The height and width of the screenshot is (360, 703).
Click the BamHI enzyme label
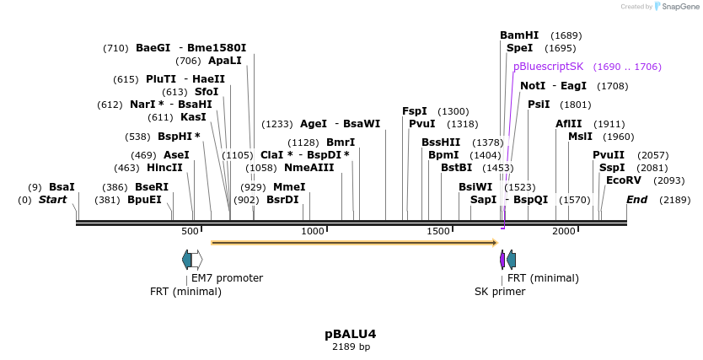coord(518,35)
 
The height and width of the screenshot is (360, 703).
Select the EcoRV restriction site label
coord(623,180)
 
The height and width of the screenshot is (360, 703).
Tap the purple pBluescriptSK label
coord(548,67)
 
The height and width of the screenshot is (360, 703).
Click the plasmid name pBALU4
coord(350,334)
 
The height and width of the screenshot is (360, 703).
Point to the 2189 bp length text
coord(351,347)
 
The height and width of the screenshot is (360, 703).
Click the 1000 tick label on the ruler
coord(313,231)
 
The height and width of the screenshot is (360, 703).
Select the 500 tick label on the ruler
coord(191,231)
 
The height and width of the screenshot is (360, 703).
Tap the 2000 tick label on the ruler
coord(563,231)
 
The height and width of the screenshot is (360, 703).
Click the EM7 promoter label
coord(227,278)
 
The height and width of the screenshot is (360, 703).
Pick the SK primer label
coord(500,292)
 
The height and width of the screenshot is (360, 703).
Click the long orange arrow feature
coord(354,243)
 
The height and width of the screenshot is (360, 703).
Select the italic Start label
coord(52,200)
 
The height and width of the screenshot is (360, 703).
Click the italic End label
coord(636,200)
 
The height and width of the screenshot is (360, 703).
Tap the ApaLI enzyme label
coord(224,61)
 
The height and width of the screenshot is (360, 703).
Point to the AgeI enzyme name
coord(313,124)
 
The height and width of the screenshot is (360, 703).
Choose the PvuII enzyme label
coord(608,155)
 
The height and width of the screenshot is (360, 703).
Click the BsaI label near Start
coord(62,187)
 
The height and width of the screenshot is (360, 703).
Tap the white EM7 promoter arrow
coord(196,260)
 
